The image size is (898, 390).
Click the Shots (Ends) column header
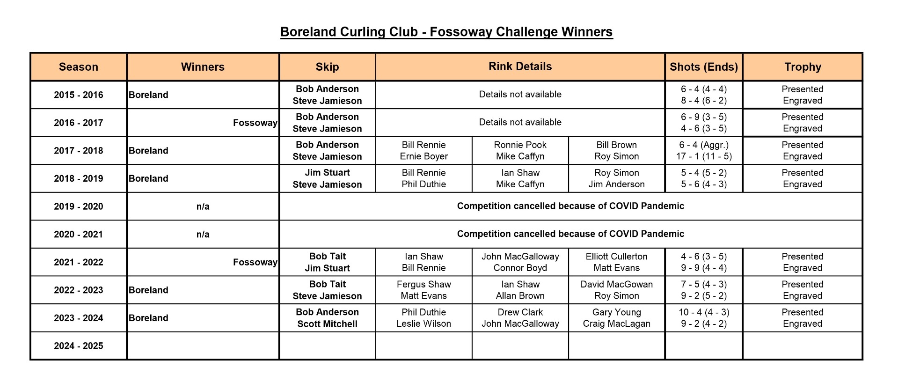pyautogui.click(x=703, y=67)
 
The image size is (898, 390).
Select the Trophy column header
pyautogui.click(x=803, y=67)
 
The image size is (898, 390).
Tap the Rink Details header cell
pyautogui.click(x=520, y=66)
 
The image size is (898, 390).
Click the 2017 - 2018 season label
pyautogui.click(x=79, y=151)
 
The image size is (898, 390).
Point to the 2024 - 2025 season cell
pyautogui.click(x=79, y=346)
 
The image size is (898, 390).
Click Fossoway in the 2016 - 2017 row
pyautogui.click(x=255, y=123)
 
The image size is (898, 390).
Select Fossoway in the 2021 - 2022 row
pyautogui.click(x=255, y=262)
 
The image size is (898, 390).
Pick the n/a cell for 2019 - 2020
pyautogui.click(x=203, y=206)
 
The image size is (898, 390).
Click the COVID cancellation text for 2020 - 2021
pyautogui.click(x=570, y=234)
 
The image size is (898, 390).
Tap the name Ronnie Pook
pyautogui.click(x=520, y=145)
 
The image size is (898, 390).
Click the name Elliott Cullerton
pyautogui.click(x=616, y=257)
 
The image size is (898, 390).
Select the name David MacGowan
pyautogui.click(x=616, y=284)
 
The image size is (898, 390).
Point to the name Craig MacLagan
pyautogui.click(x=616, y=324)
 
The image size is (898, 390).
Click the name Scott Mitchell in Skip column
pyautogui.click(x=327, y=324)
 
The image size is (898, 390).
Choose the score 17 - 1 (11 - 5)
pyautogui.click(x=704, y=156)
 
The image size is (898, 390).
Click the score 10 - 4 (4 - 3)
pyautogui.click(x=704, y=312)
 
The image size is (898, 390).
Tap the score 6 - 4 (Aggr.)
pyautogui.click(x=704, y=145)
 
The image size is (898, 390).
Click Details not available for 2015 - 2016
pyautogui.click(x=520, y=95)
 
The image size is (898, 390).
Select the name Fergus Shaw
pyautogui.click(x=423, y=285)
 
